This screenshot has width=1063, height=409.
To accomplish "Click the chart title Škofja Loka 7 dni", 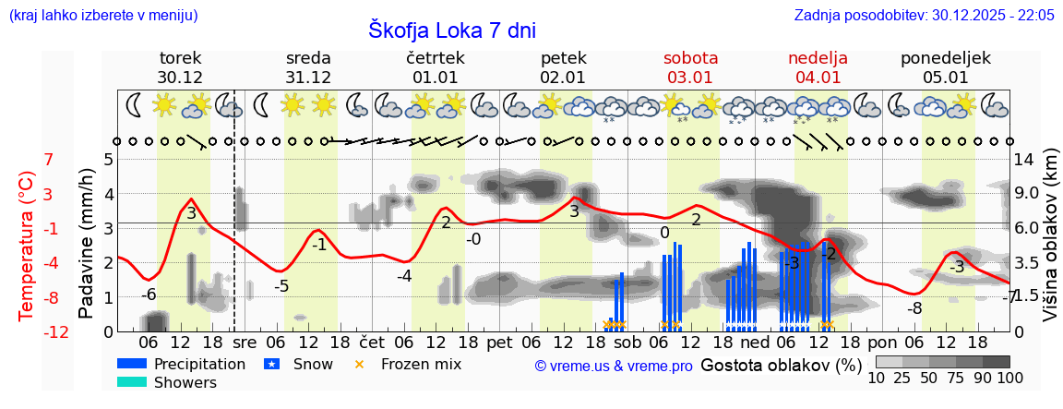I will (x=451, y=30).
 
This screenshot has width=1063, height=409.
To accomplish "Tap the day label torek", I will (x=180, y=58).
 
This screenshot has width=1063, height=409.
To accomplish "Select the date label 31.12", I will (x=308, y=78).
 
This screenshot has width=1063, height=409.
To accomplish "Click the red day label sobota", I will (x=690, y=58).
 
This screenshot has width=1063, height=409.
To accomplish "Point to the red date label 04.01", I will (x=818, y=78).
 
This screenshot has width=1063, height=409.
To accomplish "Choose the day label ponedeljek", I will (x=946, y=58).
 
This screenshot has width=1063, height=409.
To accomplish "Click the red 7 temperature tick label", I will (x=49, y=160).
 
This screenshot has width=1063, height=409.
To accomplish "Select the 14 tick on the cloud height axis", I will (x=1025, y=160).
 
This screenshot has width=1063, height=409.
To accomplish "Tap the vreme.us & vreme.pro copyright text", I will (x=614, y=367).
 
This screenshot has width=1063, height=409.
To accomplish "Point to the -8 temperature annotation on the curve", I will (x=914, y=308).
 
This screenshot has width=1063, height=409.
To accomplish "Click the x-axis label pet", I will (x=499, y=341).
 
